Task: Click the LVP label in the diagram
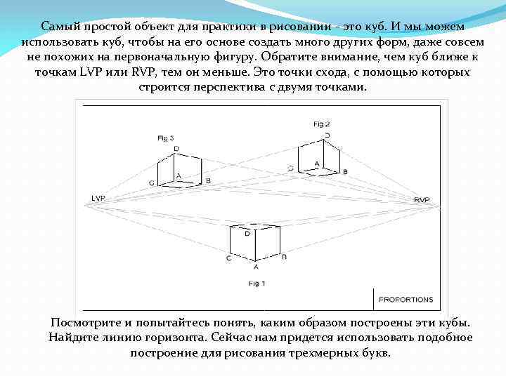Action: click(98, 199)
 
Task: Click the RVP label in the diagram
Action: click(422, 200)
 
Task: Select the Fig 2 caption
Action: click(321, 124)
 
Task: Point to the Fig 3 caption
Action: click(165, 138)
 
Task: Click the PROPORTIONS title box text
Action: click(406, 299)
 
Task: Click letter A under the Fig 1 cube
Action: click(256, 267)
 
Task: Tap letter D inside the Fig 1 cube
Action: click(247, 234)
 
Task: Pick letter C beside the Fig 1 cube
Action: click(228, 258)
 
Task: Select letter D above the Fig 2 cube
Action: click(327, 135)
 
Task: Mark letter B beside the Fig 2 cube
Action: click(344, 171)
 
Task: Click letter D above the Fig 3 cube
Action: click(176, 148)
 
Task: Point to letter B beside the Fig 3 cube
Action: click(208, 181)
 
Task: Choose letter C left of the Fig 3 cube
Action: click(152, 182)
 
